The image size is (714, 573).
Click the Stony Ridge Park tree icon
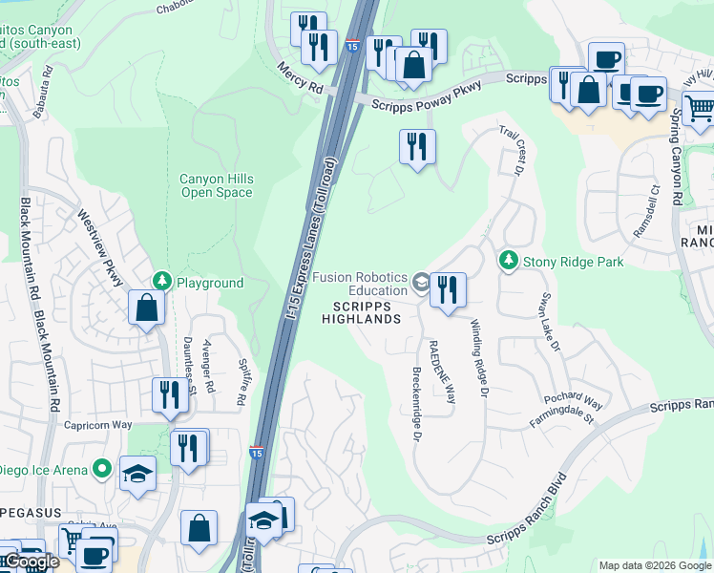(509, 260)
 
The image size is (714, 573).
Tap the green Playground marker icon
(163, 282)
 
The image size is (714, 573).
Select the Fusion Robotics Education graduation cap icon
(421, 281)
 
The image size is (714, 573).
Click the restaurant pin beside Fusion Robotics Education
(448, 290)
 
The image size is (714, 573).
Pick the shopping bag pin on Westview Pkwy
(146, 308)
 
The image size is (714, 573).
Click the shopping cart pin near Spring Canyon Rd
(700, 107)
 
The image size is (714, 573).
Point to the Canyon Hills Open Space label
(217, 185)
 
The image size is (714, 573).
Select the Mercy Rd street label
(300, 77)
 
